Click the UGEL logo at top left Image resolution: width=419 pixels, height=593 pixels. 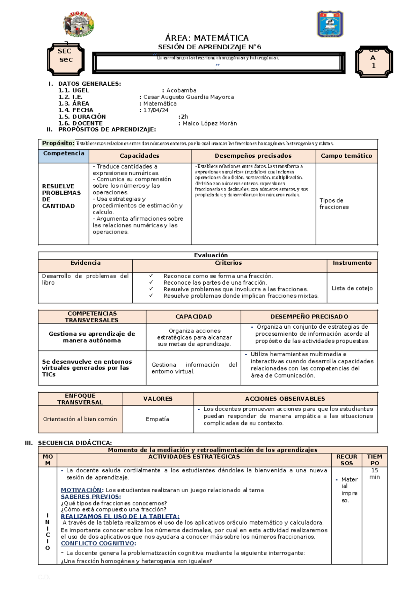78,24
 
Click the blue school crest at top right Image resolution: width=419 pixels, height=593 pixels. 330,24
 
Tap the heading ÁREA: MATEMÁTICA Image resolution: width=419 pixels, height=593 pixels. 207,38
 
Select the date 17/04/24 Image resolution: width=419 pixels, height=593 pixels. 156,110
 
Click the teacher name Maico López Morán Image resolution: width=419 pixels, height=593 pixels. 210,123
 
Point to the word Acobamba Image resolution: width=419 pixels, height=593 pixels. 181,90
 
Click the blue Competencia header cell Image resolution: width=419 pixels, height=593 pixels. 64,156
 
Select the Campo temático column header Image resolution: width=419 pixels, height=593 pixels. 346,156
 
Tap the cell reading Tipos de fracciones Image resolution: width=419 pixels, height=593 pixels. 334,203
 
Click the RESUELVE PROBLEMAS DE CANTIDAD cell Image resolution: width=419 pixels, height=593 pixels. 61,196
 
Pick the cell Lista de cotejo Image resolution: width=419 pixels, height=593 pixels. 352,288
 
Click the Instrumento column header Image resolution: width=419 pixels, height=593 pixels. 352,263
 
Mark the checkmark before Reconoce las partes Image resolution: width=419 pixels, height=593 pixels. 151,283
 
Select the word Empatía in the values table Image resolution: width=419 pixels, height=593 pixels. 157,419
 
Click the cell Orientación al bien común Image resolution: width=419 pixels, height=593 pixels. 80,419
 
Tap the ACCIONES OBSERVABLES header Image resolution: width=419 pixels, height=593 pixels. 285,399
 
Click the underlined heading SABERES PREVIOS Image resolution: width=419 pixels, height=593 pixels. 90,496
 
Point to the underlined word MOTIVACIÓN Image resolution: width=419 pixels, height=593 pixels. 81,490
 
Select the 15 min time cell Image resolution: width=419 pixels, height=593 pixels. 374,473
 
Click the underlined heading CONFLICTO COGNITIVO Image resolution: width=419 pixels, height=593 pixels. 98,543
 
